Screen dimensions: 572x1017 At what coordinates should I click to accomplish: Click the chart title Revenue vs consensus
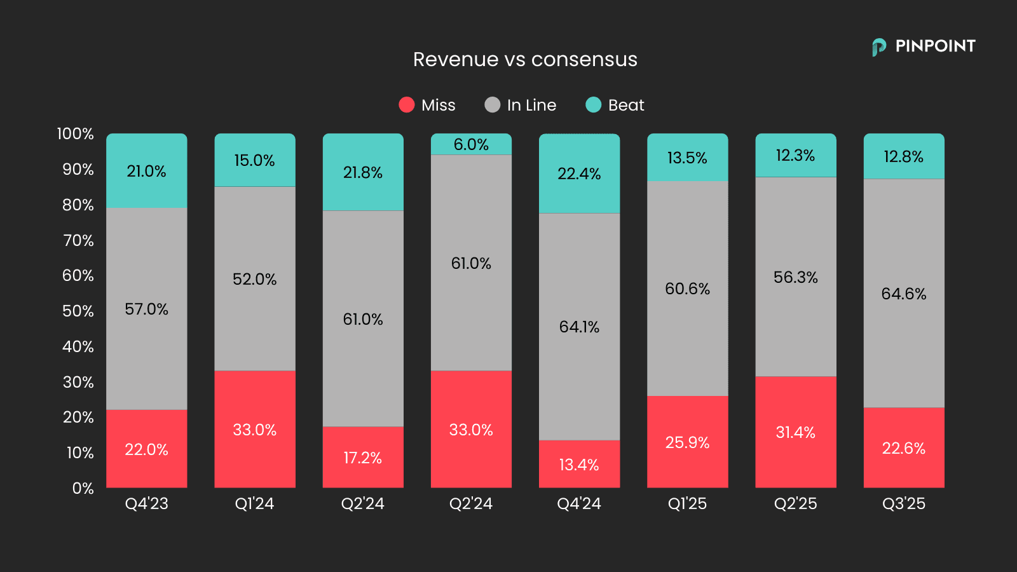point(525,59)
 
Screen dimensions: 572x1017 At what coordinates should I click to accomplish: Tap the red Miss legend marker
point(407,105)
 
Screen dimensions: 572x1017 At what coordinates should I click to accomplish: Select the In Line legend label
point(531,105)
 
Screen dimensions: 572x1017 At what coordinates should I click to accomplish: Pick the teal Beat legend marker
point(593,105)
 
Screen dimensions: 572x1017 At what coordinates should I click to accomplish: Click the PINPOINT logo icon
point(879,46)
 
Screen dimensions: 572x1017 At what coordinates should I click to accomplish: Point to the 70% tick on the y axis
point(78,240)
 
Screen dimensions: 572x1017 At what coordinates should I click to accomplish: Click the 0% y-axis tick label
point(83,488)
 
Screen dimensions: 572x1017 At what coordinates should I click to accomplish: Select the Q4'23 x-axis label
point(146,503)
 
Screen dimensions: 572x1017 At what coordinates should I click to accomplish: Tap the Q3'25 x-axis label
point(903,503)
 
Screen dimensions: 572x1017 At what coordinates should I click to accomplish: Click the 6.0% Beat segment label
point(471,144)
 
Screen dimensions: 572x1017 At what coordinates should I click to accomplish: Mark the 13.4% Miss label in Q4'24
point(579,465)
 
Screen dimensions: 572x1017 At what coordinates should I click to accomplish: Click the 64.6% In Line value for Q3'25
point(903,294)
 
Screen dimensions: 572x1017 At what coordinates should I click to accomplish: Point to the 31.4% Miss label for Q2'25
point(795,432)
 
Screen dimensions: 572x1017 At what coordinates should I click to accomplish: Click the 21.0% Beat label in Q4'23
point(146,171)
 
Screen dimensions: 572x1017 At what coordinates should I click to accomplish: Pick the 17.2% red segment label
point(362,458)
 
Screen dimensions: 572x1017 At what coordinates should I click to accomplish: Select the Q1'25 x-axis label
point(687,503)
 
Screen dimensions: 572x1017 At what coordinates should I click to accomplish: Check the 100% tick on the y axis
point(75,133)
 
